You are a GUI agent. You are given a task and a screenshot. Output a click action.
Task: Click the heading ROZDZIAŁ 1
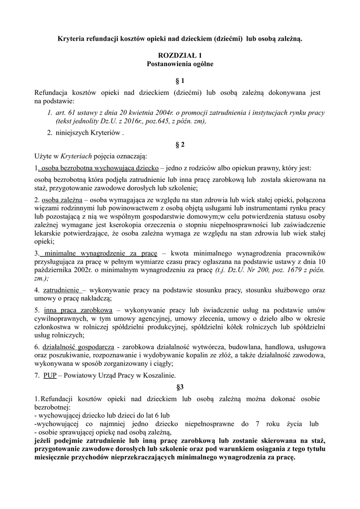pos(180,56)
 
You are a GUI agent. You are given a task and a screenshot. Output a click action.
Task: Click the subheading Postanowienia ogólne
pos(180,64)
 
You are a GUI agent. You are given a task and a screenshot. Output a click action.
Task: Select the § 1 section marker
pos(180,81)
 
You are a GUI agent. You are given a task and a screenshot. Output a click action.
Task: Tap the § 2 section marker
pos(180,145)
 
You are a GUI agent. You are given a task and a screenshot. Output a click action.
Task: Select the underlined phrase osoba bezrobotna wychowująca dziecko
pos(99,168)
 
